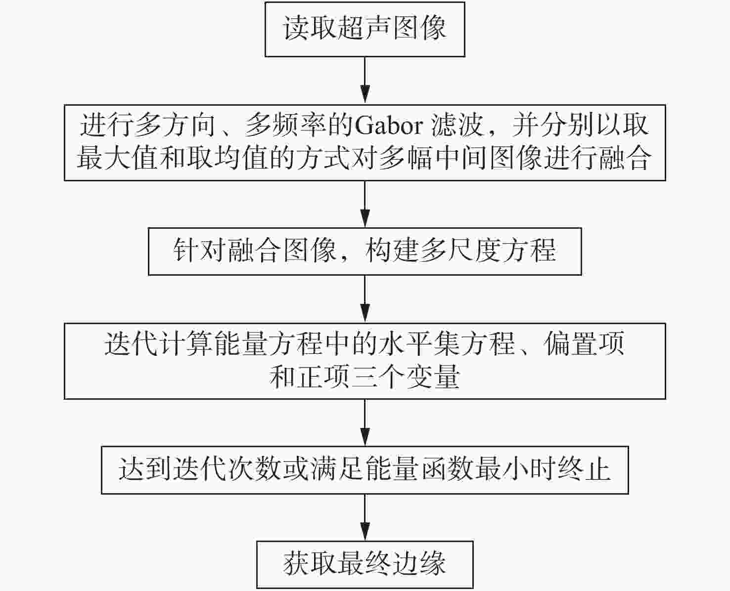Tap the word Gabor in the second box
tap(389, 126)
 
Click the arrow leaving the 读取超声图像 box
tap(365, 80)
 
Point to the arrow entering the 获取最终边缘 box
tap(365, 517)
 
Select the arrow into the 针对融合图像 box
tap(365, 204)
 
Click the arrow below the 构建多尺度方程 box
tap(365, 298)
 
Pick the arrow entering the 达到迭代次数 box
tap(365, 422)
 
